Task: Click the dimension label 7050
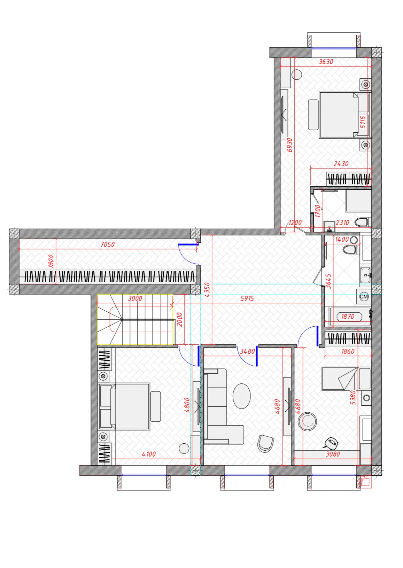coord(108,244)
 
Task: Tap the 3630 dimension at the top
coord(326,62)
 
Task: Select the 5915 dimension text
coord(247,298)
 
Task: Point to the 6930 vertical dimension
coord(290,145)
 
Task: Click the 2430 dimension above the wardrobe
coord(341,164)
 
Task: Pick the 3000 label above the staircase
coord(135,298)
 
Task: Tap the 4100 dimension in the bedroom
coord(149,454)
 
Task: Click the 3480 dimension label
coord(247,351)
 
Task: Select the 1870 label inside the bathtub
coord(348,317)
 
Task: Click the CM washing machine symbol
coord(364,297)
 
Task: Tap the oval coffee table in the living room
coord(242,396)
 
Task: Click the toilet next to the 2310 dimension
coord(362,223)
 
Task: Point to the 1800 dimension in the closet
coord(51,261)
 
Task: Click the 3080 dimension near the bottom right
coord(333,454)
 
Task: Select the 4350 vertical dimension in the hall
coord(207,290)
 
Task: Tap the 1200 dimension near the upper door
coord(295,223)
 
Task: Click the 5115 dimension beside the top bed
coord(363,122)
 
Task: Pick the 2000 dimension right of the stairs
coord(179,319)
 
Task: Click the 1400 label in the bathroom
coord(342,239)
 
